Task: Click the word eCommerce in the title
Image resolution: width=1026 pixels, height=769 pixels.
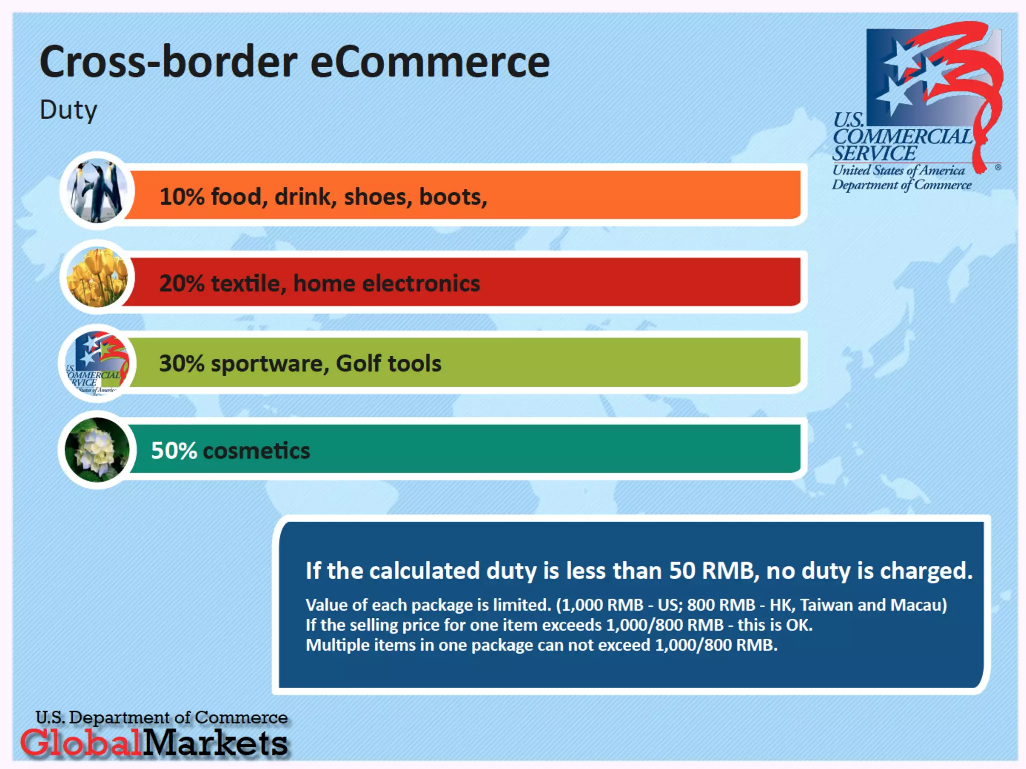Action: (x=430, y=62)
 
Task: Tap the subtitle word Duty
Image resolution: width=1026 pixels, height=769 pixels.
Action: (x=68, y=110)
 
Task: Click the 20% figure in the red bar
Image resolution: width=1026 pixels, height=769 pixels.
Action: (x=182, y=283)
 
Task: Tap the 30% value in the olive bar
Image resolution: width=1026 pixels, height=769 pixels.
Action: (x=182, y=363)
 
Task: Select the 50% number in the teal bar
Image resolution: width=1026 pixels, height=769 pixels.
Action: (x=174, y=451)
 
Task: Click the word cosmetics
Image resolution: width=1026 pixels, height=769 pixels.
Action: (x=256, y=451)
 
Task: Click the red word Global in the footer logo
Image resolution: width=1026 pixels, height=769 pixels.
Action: (x=82, y=742)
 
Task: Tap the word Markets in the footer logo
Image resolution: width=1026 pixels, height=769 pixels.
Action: (x=215, y=742)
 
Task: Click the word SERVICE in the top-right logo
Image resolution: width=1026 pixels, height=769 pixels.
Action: (x=875, y=153)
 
